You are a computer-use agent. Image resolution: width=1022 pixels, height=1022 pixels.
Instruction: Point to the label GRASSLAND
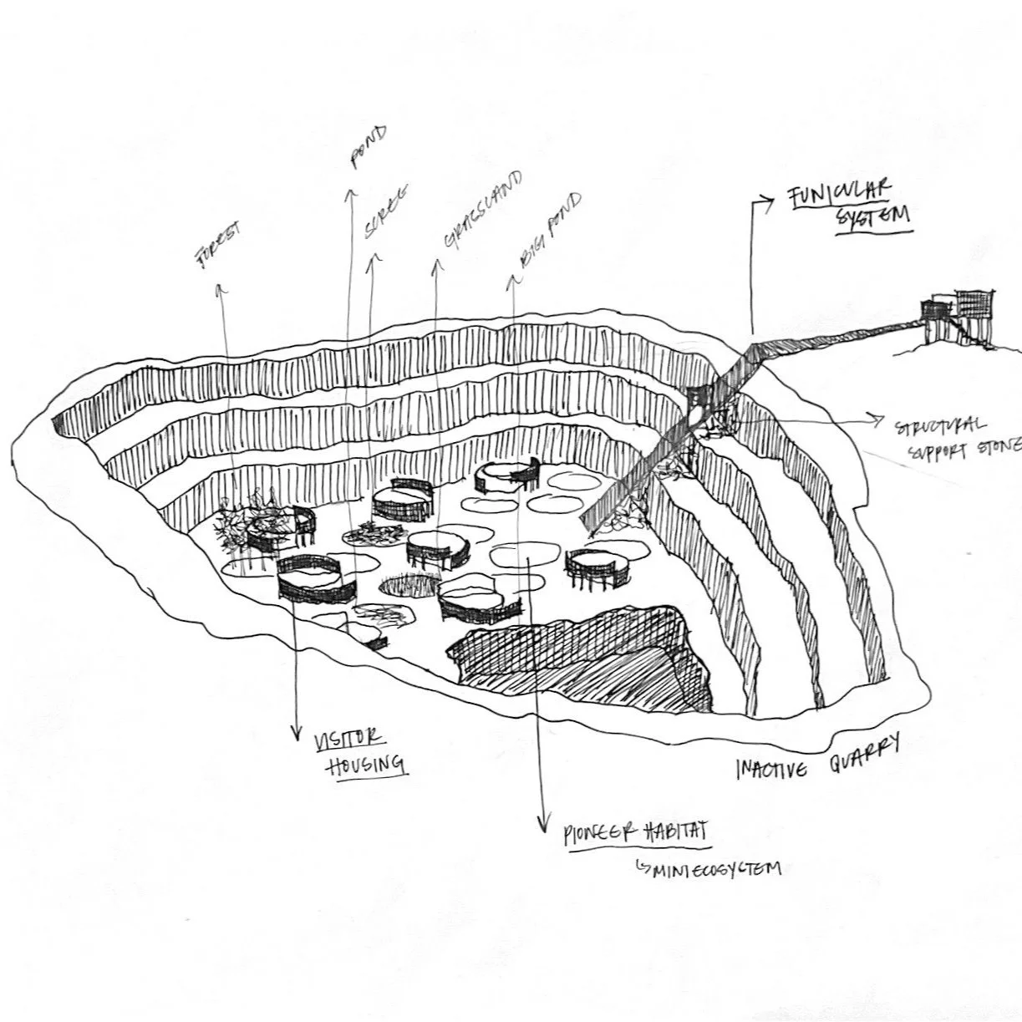coord(482,210)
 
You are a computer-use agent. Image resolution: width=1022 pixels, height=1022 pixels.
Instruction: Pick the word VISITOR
coord(348,740)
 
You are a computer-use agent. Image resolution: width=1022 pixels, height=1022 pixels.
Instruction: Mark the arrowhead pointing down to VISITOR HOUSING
coord(295,734)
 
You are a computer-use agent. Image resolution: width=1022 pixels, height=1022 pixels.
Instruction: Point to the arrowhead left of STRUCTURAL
coord(876,418)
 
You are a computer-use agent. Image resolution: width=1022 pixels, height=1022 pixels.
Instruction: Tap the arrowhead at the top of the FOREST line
coord(220,289)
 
